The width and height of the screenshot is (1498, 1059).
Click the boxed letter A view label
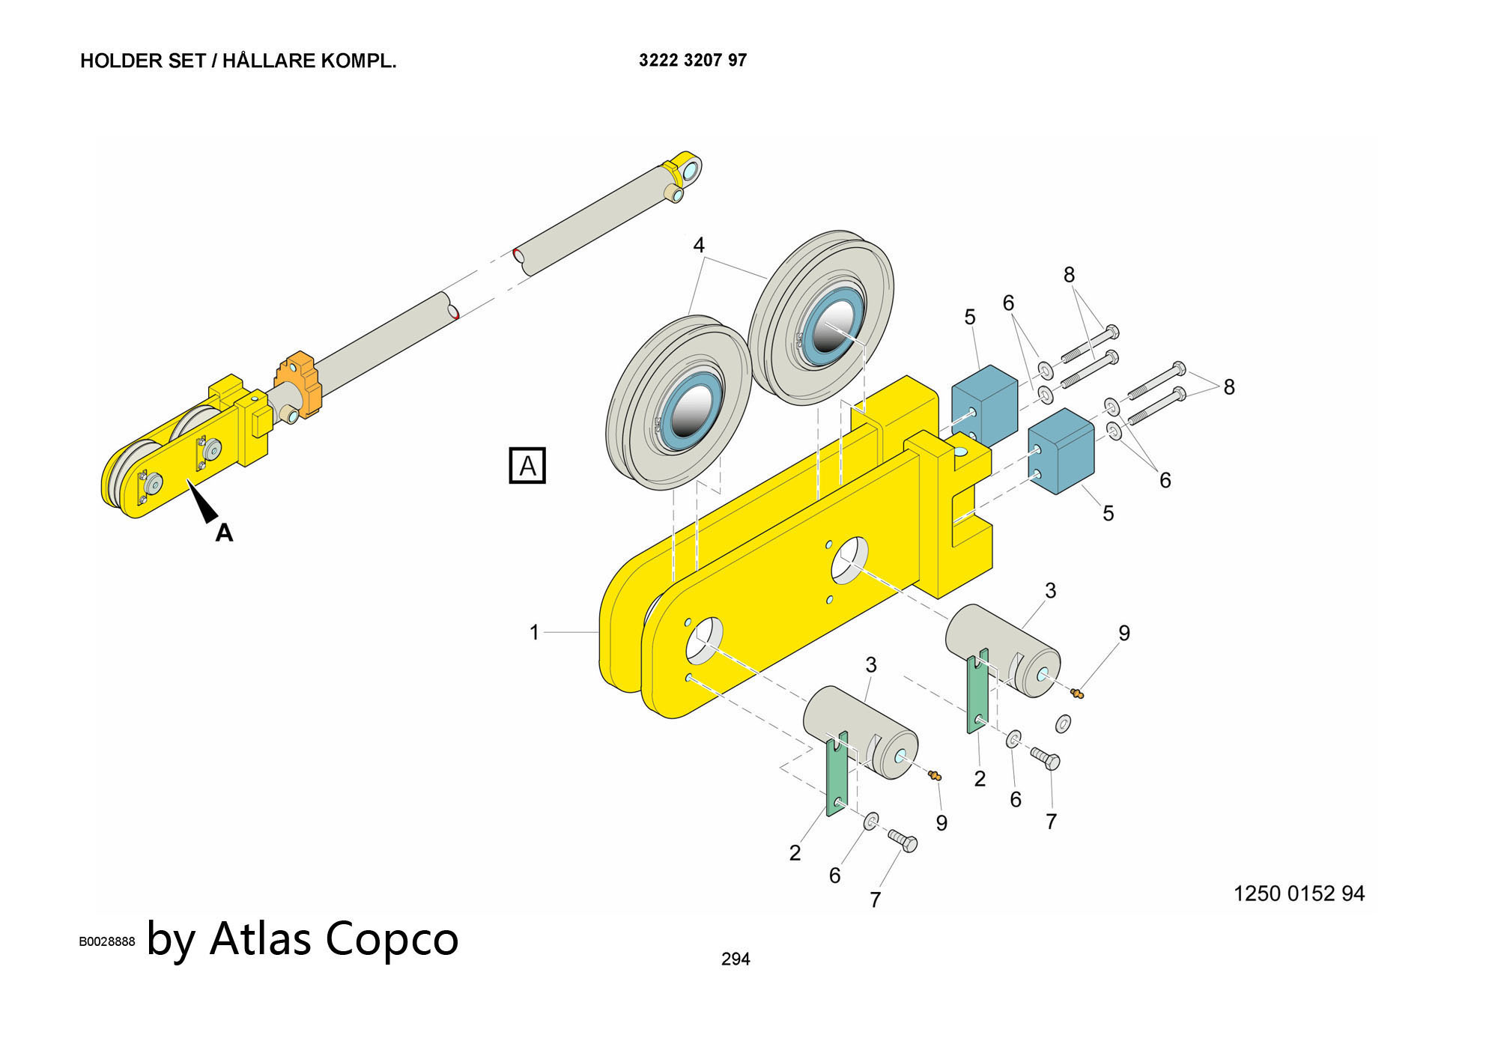click(x=527, y=466)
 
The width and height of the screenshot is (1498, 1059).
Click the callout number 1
click(x=534, y=633)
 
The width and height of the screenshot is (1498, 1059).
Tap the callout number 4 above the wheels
click(x=699, y=245)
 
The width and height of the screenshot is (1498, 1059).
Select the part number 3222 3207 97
click(x=693, y=60)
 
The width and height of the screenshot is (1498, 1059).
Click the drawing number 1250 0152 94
click(x=1299, y=893)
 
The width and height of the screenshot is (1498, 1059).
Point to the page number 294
click(x=736, y=959)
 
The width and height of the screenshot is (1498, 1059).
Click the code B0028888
click(x=107, y=941)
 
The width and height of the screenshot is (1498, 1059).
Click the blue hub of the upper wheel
click(x=828, y=330)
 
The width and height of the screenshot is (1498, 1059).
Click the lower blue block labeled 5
click(x=1061, y=452)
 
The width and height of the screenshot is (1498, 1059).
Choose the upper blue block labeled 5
click(x=984, y=404)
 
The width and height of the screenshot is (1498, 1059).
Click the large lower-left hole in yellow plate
click(x=704, y=640)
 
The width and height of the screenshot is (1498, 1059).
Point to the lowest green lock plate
click(x=837, y=774)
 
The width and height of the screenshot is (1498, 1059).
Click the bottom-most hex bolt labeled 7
click(x=903, y=840)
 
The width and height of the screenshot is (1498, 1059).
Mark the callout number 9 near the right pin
click(x=1124, y=634)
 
